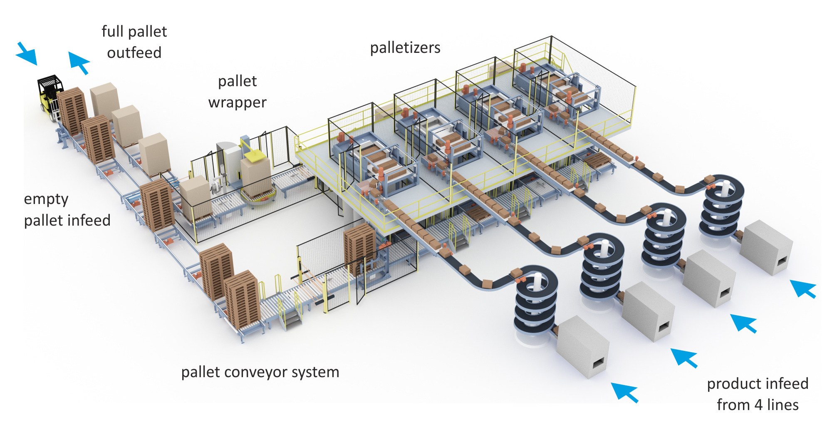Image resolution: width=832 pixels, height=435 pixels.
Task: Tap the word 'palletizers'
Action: coord(405,48)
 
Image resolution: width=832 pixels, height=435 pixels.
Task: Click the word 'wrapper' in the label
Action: coord(237,102)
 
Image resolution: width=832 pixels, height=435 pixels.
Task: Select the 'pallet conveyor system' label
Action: coord(260,372)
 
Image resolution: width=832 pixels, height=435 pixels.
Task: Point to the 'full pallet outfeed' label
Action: coord(134,42)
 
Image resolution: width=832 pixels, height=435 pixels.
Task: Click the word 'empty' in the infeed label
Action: coord(46,199)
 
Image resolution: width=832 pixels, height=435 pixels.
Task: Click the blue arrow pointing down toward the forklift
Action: coord(27,54)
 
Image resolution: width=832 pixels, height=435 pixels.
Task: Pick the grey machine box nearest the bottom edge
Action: coord(582,347)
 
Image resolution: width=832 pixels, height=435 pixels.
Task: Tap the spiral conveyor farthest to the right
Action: coord(722,206)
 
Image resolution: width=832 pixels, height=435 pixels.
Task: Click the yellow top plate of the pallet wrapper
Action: coord(255,156)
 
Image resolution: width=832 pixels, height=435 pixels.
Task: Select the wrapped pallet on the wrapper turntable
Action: coord(256,177)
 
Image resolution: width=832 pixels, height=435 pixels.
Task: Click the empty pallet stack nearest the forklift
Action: coord(72,111)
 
